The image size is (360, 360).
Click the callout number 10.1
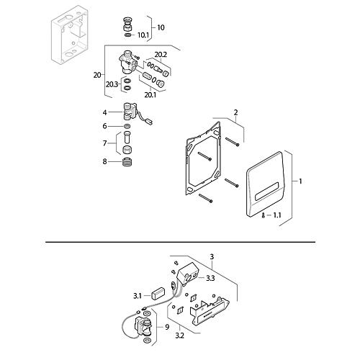[143, 35]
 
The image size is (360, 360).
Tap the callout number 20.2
[161, 55]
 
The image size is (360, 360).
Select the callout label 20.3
[112, 84]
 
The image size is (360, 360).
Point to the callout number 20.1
[150, 95]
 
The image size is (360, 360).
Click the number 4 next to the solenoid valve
[104, 112]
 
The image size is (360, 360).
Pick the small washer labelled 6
[127, 126]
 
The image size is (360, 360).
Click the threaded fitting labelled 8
[127, 162]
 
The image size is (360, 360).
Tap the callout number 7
[104, 143]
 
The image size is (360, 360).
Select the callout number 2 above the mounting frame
[235, 112]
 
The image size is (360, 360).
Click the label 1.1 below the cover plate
[277, 215]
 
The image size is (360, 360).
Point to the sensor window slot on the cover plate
[266, 191]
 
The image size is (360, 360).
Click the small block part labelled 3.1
[158, 293]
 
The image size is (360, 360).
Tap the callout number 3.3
[210, 279]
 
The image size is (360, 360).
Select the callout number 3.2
[179, 336]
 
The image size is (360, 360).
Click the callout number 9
[167, 327]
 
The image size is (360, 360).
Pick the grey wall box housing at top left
[70, 34]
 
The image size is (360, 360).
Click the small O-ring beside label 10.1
[128, 35]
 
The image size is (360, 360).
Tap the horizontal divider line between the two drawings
[181, 242]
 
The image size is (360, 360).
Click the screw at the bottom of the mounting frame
[205, 198]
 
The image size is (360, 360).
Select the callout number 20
[97, 76]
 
